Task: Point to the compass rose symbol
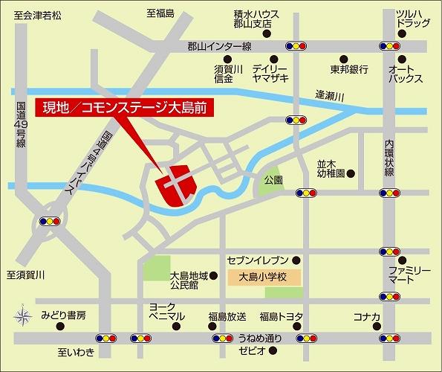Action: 22,314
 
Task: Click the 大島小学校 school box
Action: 262,278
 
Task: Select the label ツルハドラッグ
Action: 412,19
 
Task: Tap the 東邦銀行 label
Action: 349,69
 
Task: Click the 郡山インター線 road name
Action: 219,46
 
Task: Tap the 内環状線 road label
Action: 389,156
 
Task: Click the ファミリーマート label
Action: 409,277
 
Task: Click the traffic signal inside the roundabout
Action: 50,221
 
